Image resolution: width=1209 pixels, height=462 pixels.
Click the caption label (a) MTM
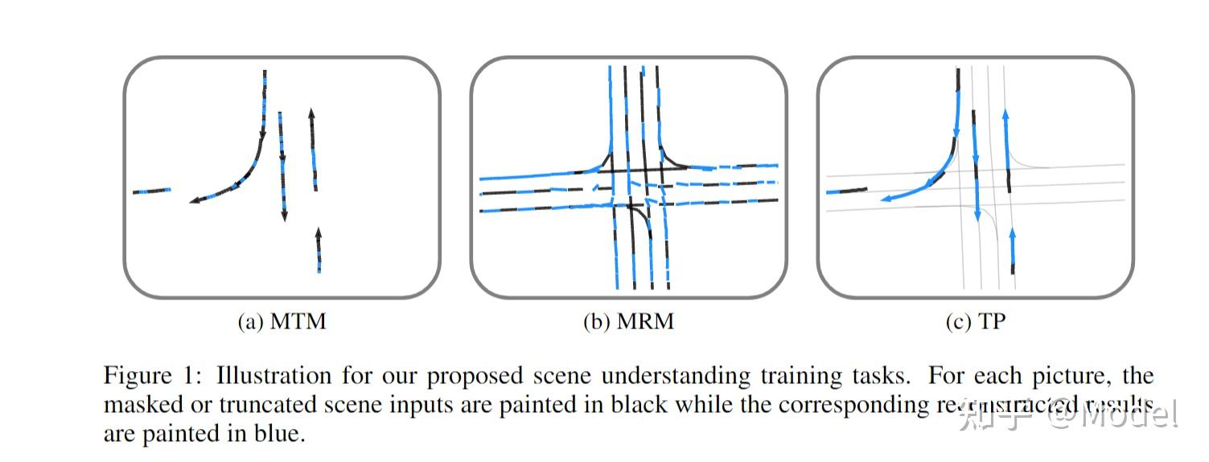282,322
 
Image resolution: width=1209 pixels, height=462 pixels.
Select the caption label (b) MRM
628,322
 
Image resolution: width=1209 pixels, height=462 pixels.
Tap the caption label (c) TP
975,322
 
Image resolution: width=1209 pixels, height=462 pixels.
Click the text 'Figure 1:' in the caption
150,377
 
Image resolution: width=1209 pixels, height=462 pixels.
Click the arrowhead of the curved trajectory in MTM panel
194,201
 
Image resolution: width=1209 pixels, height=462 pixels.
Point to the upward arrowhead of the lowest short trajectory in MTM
319,233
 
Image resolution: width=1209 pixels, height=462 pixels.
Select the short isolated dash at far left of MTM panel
152,191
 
